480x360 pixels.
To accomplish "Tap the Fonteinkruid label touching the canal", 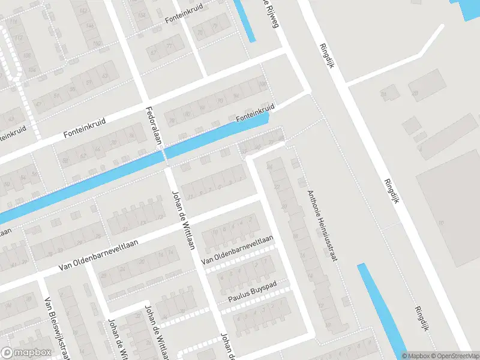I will tap(255, 113).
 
